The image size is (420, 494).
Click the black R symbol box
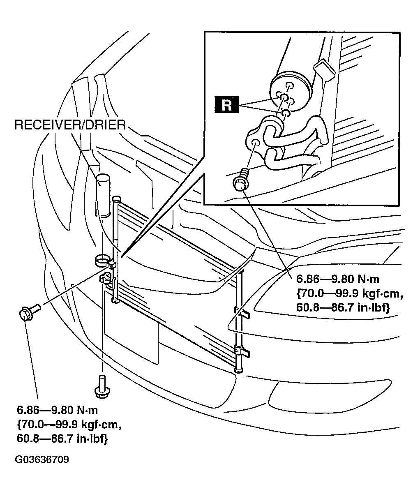point(226,104)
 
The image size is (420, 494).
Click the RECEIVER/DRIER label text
point(70,125)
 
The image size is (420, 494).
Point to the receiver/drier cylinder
point(103,196)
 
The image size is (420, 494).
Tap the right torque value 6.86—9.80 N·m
point(338,279)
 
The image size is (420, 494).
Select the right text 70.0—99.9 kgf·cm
point(350,293)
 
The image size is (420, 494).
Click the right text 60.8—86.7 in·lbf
point(343,307)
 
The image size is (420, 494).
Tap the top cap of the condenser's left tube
point(116,198)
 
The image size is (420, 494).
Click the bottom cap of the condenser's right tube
point(239,371)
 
